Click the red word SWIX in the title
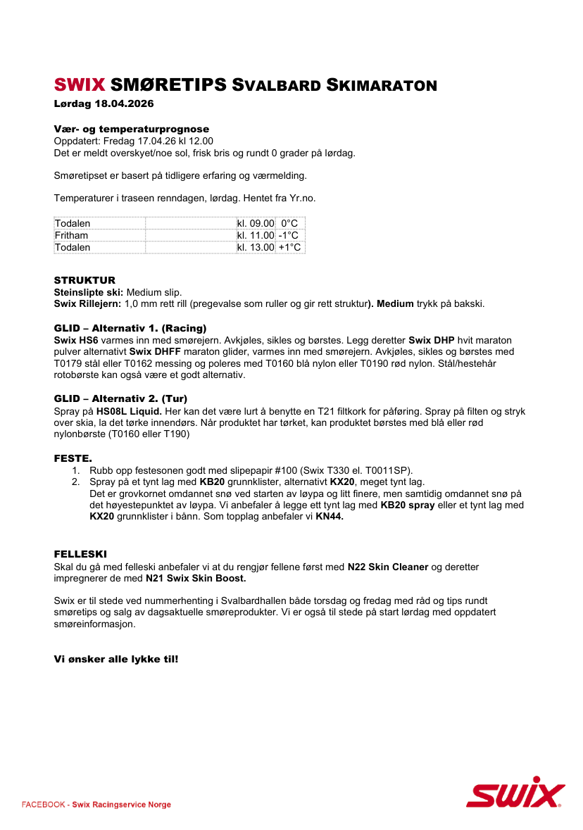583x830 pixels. point(80,85)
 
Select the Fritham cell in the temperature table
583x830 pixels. point(71,235)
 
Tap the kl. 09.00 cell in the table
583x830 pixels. point(256,223)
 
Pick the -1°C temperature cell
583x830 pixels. point(288,235)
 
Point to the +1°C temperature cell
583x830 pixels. point(289,247)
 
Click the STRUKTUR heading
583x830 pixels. point(84,280)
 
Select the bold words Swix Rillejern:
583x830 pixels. point(87,303)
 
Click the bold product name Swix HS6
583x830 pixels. point(76,339)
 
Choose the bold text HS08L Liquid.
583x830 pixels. point(129,411)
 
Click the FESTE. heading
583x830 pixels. point(73,458)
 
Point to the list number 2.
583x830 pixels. point(76,482)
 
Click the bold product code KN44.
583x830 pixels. point(329,517)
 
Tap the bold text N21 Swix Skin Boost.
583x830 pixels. point(196,579)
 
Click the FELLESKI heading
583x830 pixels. point(80,555)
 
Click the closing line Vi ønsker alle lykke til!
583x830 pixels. point(116,659)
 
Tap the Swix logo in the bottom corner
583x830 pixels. point(515,792)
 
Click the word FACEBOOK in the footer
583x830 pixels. point(44,805)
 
